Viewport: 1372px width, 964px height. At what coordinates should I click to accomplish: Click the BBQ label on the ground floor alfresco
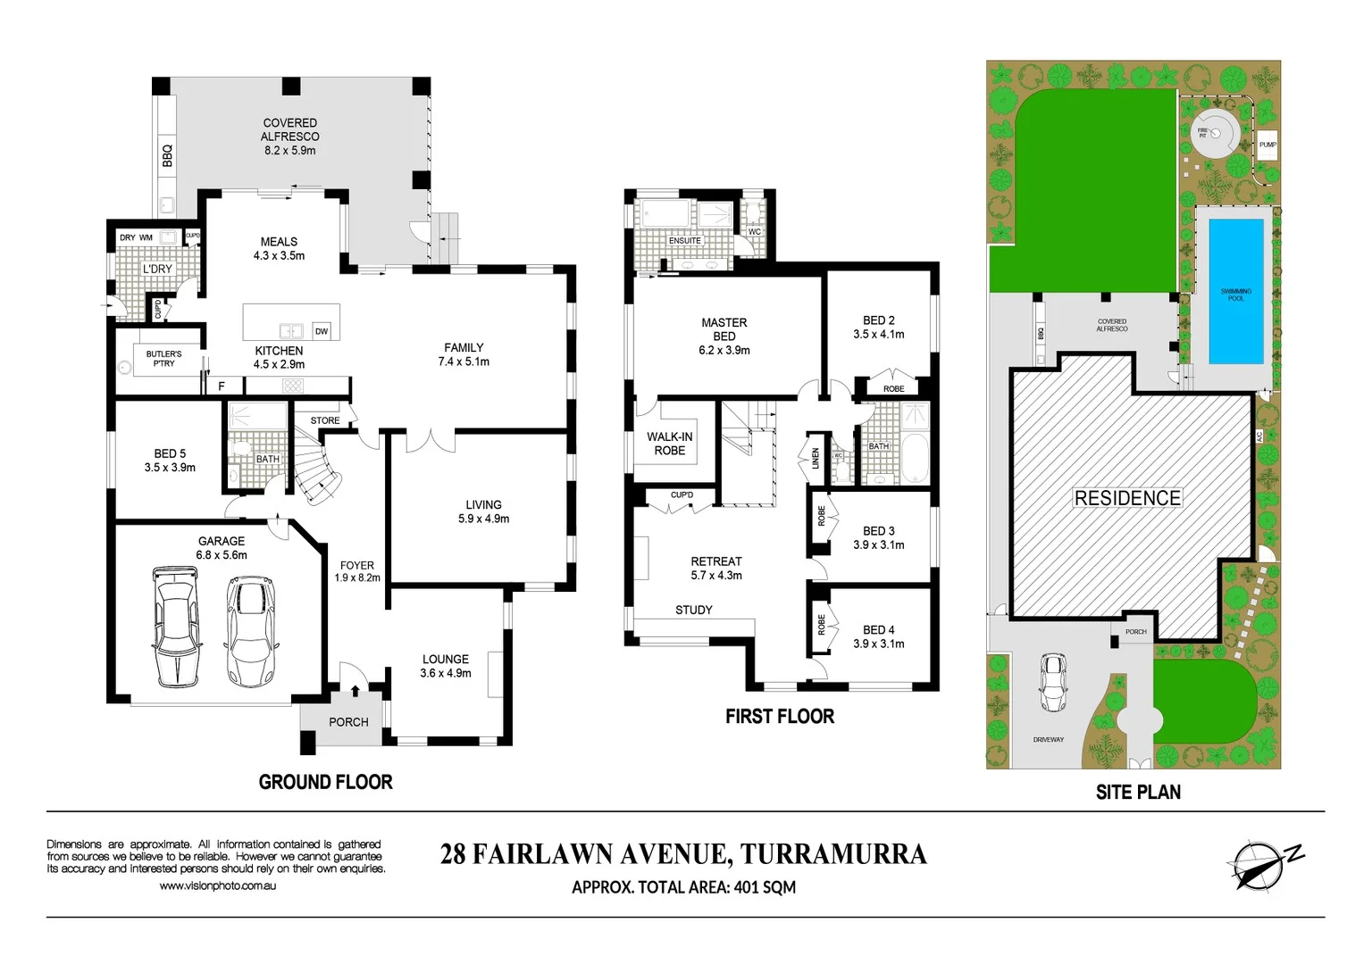click(x=167, y=156)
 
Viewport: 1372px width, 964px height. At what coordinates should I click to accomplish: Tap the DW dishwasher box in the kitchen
click(x=322, y=331)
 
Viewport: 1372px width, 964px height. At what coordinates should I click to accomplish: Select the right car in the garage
click(x=250, y=631)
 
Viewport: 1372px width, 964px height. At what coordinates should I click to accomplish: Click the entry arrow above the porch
click(x=356, y=690)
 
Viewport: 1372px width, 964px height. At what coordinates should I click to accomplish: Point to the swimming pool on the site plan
click(x=1236, y=292)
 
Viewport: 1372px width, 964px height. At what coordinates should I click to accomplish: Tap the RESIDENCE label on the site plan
click(x=1127, y=498)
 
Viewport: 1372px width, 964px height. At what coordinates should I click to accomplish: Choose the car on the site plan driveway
click(x=1054, y=683)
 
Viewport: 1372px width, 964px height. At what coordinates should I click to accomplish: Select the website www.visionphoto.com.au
click(x=218, y=886)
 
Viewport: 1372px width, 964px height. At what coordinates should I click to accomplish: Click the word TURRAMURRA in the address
click(x=833, y=854)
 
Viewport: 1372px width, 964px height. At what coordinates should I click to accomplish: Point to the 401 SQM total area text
click(x=765, y=887)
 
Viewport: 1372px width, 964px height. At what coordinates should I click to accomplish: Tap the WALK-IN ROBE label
click(x=670, y=444)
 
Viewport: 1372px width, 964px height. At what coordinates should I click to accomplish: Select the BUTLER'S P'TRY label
click(x=163, y=359)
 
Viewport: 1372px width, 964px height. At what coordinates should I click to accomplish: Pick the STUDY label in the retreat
click(x=694, y=610)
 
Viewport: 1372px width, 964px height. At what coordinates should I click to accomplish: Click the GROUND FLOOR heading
click(x=325, y=782)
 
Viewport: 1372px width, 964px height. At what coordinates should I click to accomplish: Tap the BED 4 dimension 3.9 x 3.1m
click(x=879, y=644)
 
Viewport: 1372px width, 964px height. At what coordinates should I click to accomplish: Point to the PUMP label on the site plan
click(x=1267, y=145)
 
